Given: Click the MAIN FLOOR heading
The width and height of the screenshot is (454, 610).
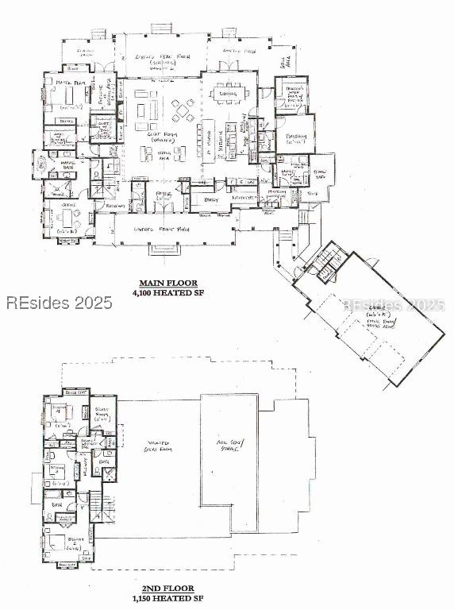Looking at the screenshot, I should tap(167, 284).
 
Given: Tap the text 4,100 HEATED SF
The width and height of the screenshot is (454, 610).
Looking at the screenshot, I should tap(167, 292).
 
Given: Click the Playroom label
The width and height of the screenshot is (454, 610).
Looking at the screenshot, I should tap(294, 137).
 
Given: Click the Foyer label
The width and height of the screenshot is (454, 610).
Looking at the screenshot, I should tap(164, 194).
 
